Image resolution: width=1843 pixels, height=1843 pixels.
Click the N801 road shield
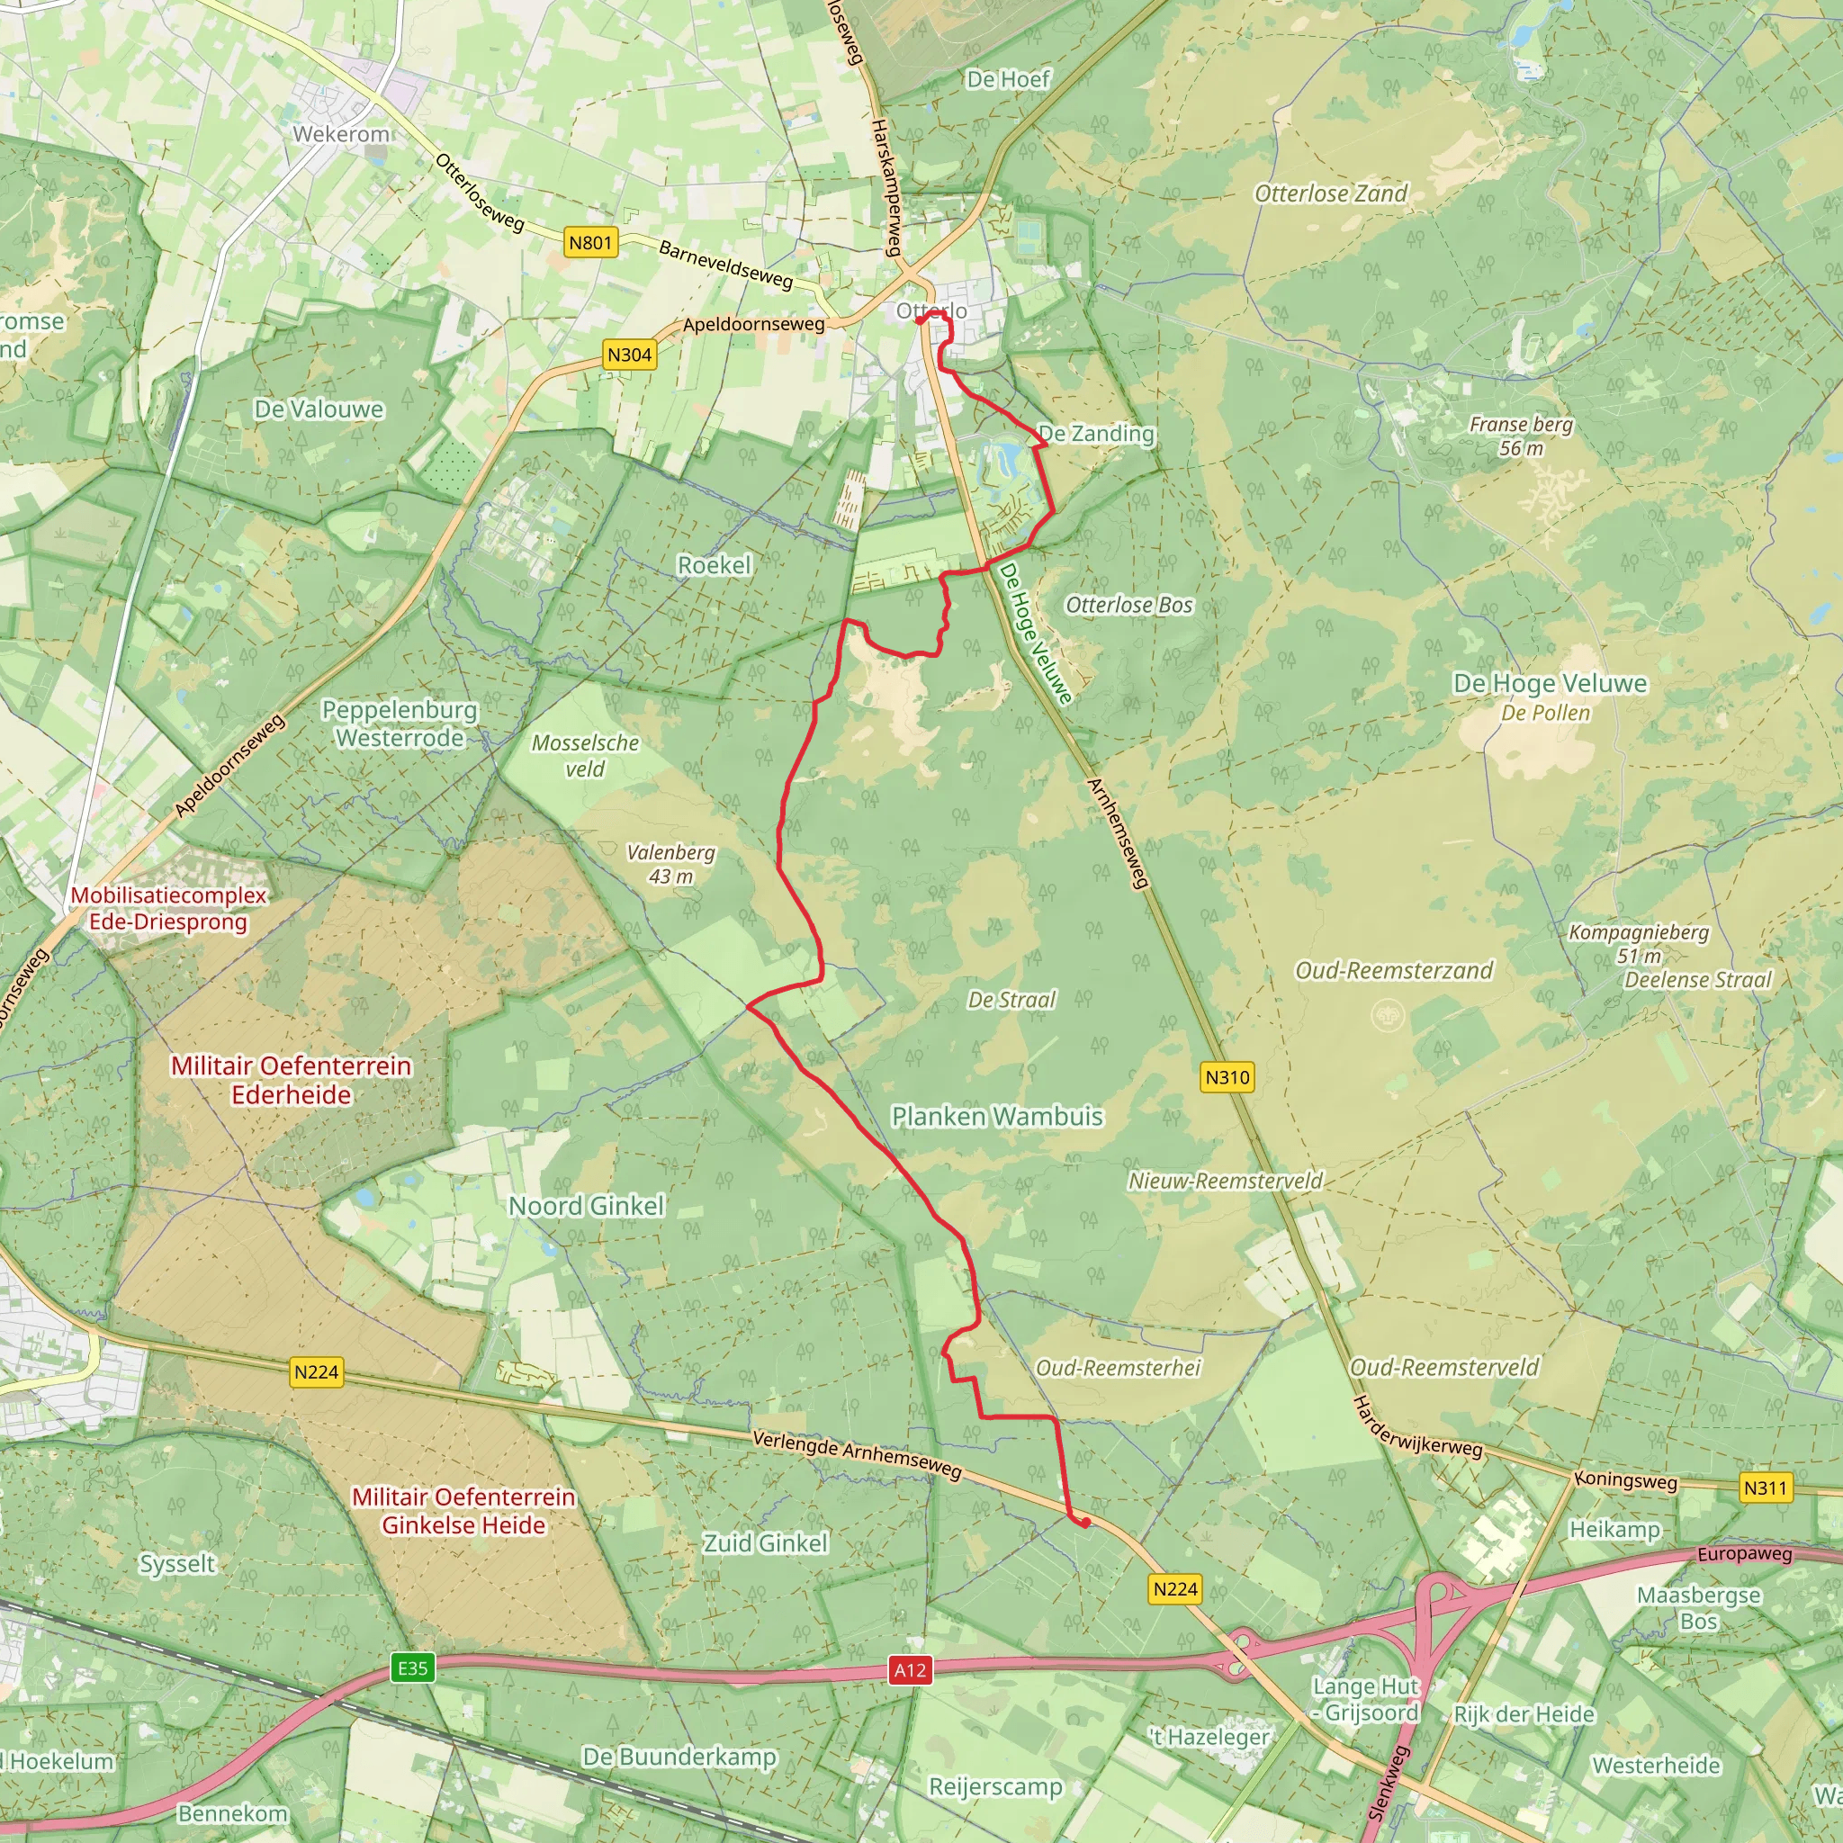pyautogui.click(x=589, y=242)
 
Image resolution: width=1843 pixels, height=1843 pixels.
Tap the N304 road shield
pyautogui.click(x=630, y=355)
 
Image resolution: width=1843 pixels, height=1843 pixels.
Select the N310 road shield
pyautogui.click(x=1227, y=1077)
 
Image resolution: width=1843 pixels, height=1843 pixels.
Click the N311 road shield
pyautogui.click(x=1765, y=1488)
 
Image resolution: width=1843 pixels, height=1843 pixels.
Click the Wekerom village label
pyautogui.click(x=340, y=133)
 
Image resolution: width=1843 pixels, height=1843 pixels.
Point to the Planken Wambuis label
pyautogui.click(x=997, y=1116)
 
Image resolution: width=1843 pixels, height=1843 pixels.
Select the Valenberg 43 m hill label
pyautogui.click(x=670, y=864)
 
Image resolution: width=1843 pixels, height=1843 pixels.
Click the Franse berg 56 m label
pyautogui.click(x=1521, y=436)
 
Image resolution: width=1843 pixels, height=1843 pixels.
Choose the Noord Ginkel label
pyautogui.click(x=586, y=1206)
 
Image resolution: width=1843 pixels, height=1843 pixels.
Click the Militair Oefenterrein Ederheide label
pyautogui.click(x=291, y=1080)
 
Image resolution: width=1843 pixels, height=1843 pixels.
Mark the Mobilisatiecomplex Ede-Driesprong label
pyautogui.click(x=168, y=908)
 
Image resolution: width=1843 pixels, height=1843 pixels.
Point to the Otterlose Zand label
pyautogui.click(x=1331, y=193)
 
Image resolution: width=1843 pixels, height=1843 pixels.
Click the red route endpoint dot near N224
pyautogui.click(x=1084, y=1523)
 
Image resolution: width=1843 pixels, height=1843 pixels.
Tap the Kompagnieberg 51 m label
pyautogui.click(x=1639, y=943)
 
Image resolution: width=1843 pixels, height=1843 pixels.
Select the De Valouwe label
pyautogui.click(x=319, y=409)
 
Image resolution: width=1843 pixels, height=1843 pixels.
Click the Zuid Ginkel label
pyautogui.click(x=765, y=1542)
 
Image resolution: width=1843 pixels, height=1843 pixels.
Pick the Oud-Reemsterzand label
pyautogui.click(x=1394, y=970)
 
